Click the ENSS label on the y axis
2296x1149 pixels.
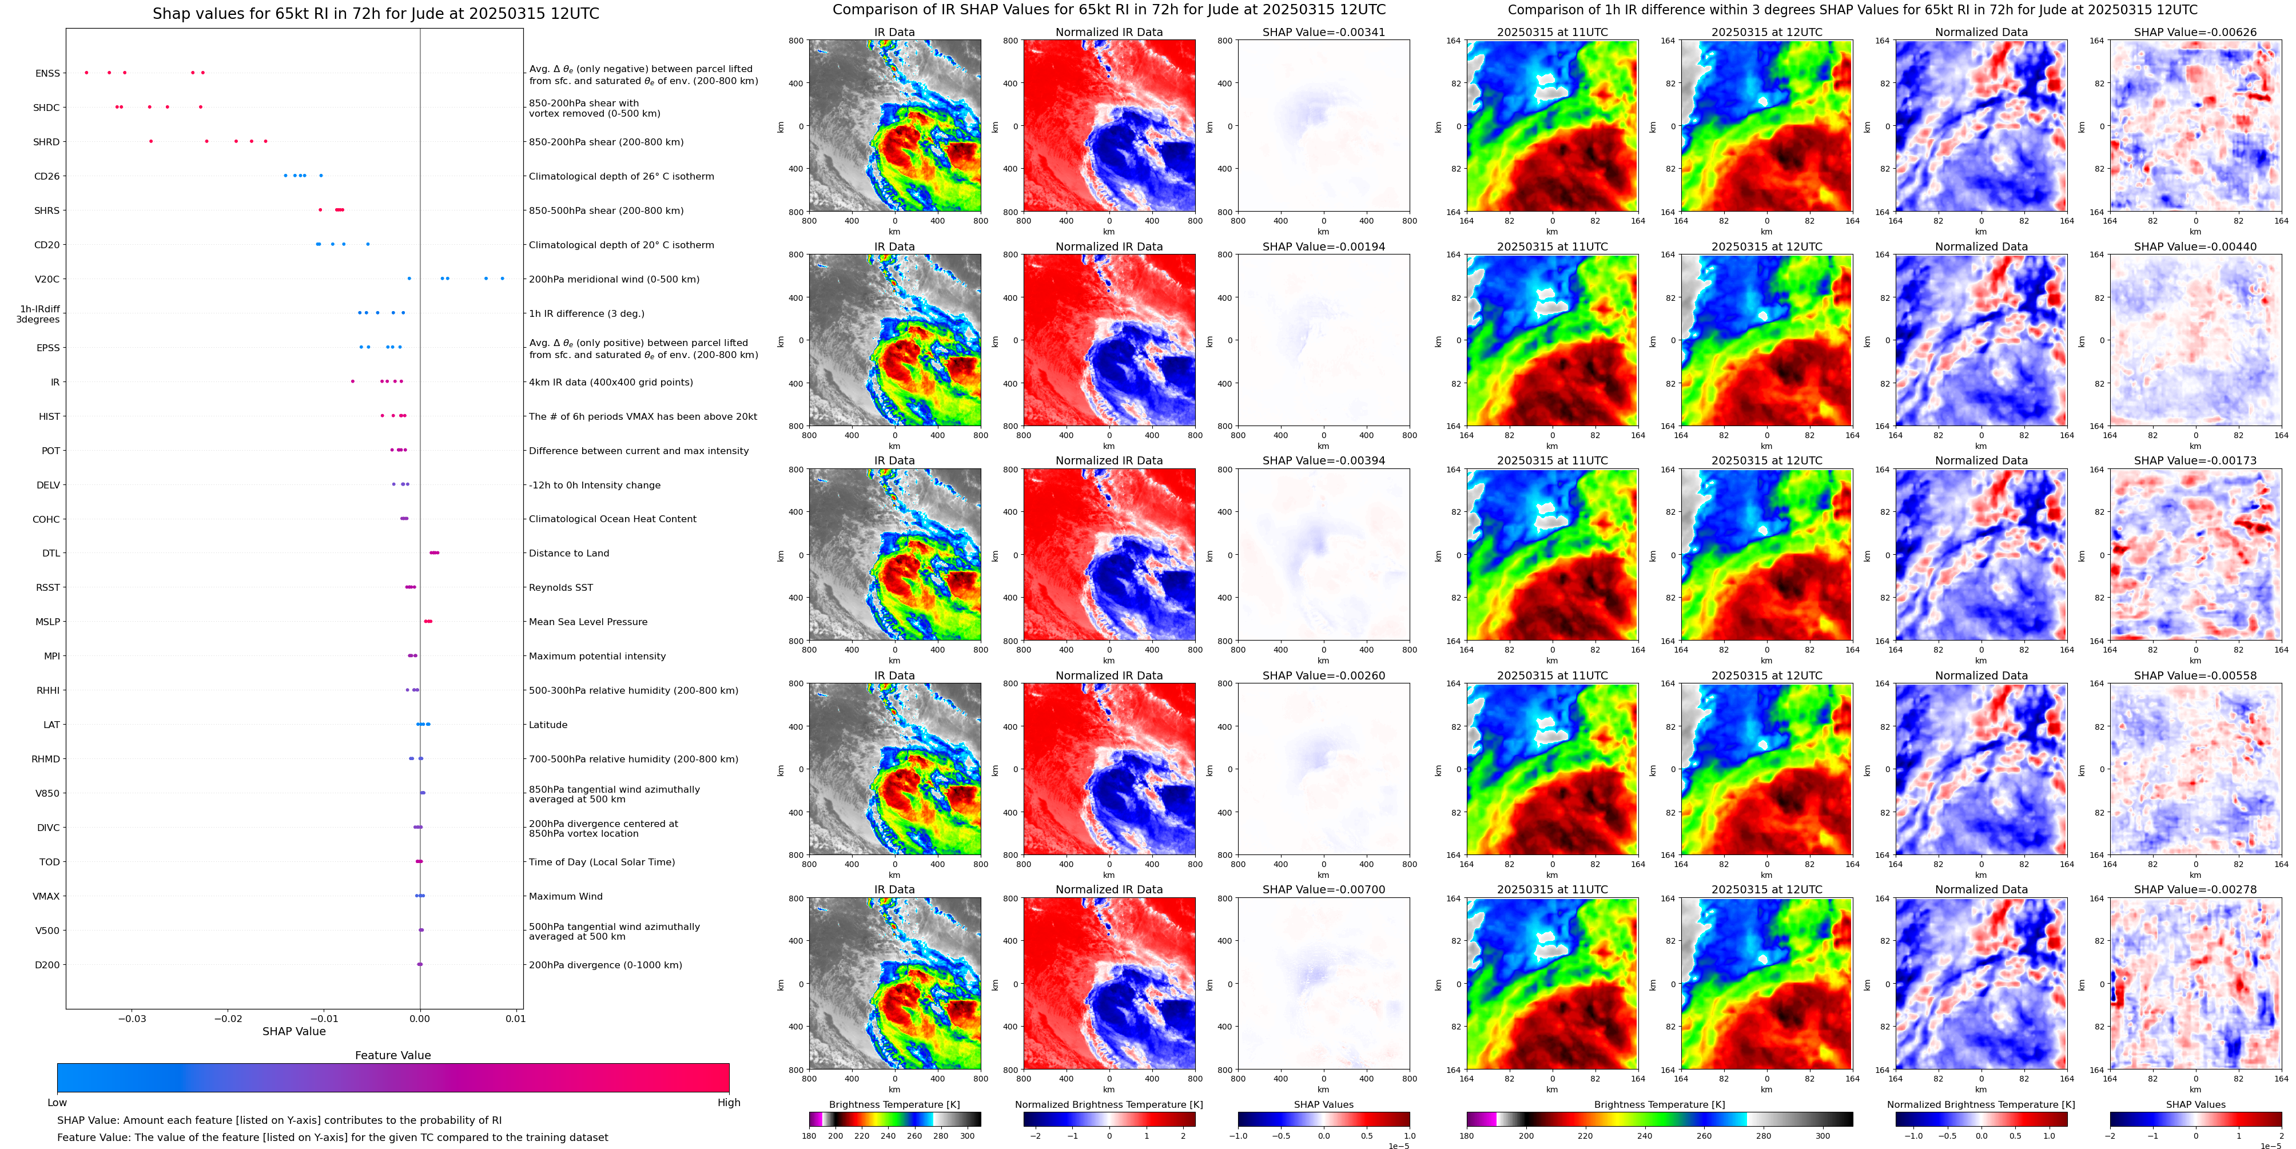47,73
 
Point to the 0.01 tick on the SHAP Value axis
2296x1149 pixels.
515,1019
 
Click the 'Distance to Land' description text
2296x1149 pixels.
568,554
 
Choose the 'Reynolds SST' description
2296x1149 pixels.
560,587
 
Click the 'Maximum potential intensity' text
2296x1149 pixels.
597,656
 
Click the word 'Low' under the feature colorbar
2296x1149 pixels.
57,1103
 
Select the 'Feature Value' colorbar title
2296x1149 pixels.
392,1055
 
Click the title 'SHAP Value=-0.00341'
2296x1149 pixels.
1324,32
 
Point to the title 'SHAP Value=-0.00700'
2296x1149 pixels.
1324,889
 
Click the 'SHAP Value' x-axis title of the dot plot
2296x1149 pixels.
293,1031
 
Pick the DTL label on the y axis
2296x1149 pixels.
51,554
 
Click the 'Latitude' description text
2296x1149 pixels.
548,725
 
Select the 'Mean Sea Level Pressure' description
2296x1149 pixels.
588,622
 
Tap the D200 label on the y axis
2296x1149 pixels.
47,964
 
